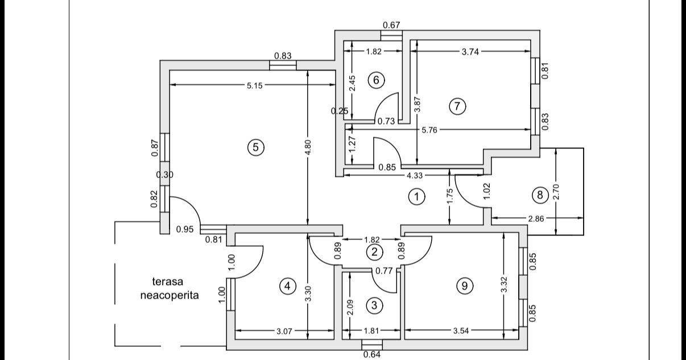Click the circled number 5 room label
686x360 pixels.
[256, 147]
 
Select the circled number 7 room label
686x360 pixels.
[457, 106]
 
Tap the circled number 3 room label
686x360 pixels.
[374, 305]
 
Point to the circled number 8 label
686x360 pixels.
[540, 195]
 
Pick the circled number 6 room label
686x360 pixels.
[376, 80]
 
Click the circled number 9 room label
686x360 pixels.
[465, 286]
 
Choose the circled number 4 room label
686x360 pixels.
[287, 286]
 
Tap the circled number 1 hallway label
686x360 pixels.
[416, 197]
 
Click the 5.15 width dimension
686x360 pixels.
[255, 86]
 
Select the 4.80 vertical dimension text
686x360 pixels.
[308, 147]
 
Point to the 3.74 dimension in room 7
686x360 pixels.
[470, 52]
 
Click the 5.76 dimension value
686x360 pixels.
[429, 130]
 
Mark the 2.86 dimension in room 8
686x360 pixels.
[536, 218]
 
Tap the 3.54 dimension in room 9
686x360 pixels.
[461, 330]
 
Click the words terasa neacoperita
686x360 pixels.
[170, 288]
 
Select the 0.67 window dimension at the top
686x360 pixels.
[391, 25]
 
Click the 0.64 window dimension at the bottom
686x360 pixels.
[372, 354]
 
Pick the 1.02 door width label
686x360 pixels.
[487, 191]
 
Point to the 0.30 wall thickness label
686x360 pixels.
[165, 175]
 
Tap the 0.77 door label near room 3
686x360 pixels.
[384, 271]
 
